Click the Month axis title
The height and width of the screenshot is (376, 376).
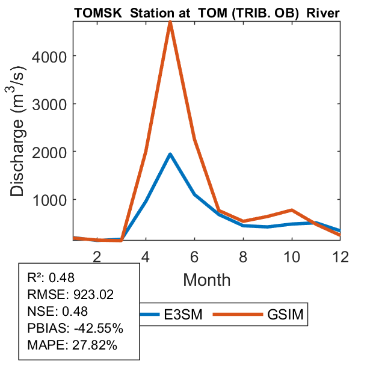point(206,279)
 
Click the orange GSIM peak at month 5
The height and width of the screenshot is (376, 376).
point(171,22)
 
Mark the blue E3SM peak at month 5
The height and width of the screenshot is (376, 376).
point(171,154)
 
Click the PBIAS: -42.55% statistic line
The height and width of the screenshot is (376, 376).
point(75,328)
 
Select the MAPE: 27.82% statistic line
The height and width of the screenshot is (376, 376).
point(72,345)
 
